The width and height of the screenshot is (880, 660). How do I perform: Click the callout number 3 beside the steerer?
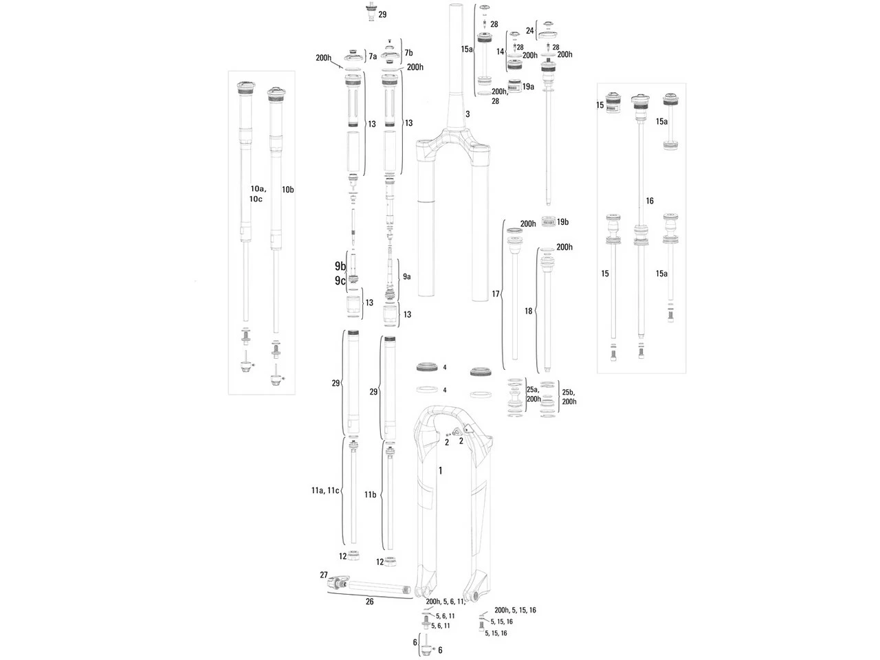(467, 114)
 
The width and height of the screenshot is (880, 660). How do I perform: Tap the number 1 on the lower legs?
(441, 471)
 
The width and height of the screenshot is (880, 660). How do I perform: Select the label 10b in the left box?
(287, 189)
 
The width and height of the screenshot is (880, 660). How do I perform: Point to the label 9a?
(406, 276)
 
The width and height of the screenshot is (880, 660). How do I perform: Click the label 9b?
(340, 266)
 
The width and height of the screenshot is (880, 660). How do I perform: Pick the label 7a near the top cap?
(373, 56)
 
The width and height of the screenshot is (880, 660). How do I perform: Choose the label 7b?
(408, 53)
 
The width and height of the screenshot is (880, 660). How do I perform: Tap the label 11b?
(370, 495)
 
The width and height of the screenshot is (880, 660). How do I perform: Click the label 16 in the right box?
(650, 201)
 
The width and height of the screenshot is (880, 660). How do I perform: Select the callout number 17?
(496, 294)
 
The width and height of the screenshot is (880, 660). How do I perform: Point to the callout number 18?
(528, 311)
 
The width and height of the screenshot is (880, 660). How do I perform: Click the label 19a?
(528, 87)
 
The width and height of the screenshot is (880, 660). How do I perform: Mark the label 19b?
(562, 222)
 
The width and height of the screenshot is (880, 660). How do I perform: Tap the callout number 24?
(529, 31)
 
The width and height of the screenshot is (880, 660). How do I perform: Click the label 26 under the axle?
(369, 602)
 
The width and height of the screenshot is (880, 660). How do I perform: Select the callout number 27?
(324, 575)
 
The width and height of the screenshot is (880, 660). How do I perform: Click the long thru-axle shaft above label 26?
(375, 588)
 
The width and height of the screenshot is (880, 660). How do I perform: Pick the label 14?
(500, 52)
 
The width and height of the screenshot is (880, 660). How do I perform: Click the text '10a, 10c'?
(257, 193)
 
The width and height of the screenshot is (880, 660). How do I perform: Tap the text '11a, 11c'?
(324, 491)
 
